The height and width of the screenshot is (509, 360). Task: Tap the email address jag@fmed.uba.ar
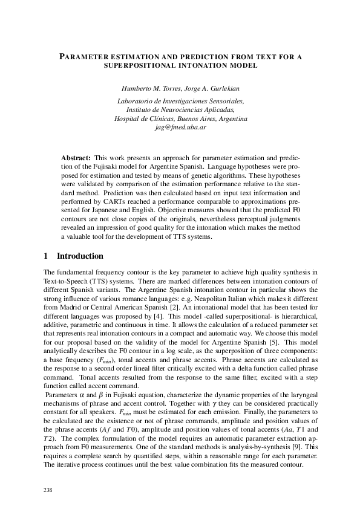pos(180,128)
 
